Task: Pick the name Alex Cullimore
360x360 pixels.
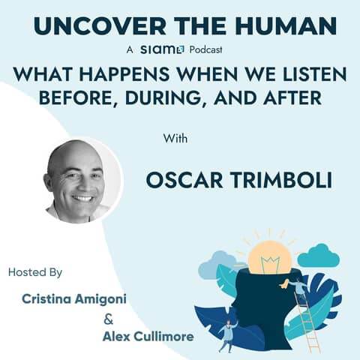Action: pos(148,336)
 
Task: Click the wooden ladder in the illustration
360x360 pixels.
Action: pos(310,319)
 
